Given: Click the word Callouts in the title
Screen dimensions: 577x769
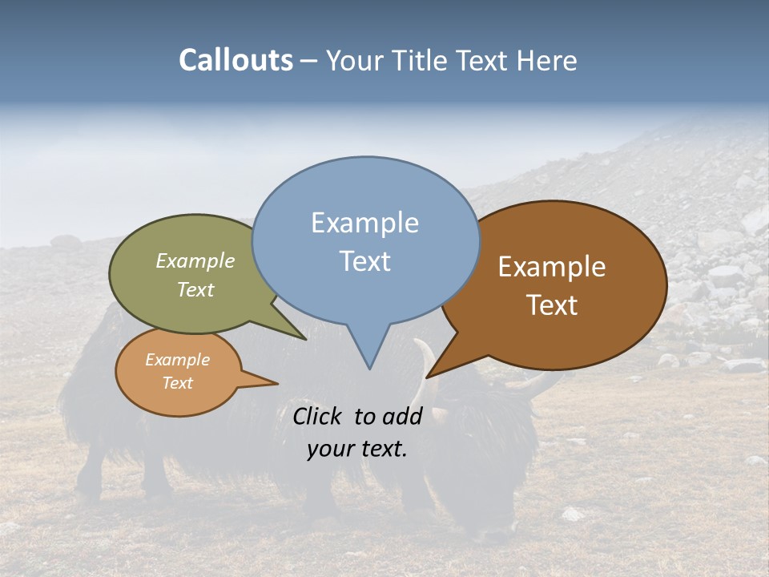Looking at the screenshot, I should (x=236, y=60).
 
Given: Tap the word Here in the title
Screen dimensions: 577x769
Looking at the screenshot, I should (x=547, y=60).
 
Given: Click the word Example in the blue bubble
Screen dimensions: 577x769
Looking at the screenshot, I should (x=364, y=223).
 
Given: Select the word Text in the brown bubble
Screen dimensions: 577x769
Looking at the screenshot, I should (x=552, y=305).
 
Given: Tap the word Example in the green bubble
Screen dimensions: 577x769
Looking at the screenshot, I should (x=195, y=261).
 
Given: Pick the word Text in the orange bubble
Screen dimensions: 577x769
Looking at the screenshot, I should (x=178, y=383).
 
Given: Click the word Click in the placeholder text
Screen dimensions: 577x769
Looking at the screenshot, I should (x=317, y=416).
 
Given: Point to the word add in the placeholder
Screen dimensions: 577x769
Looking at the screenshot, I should (x=404, y=416).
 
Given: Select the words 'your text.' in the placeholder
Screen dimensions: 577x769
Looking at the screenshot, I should (x=357, y=449).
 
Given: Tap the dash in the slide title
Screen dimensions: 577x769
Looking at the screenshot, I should (x=309, y=60).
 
